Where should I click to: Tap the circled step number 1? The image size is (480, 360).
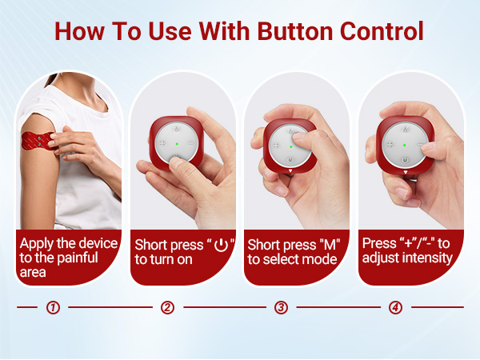(53, 307)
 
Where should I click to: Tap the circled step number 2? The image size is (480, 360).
(167, 307)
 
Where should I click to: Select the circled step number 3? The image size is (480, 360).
(281, 307)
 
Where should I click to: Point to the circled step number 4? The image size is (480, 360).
(395, 307)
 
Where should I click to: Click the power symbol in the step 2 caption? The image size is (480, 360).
(221, 244)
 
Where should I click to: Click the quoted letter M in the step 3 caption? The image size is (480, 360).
(326, 244)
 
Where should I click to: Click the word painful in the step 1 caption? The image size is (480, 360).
(74, 257)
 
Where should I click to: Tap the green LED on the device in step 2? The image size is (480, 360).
(176, 144)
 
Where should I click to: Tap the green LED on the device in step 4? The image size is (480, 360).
(404, 145)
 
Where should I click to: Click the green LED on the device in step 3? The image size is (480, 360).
(290, 146)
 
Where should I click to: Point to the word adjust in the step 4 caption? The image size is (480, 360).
(382, 258)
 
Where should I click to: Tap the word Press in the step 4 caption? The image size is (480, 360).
(379, 243)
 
